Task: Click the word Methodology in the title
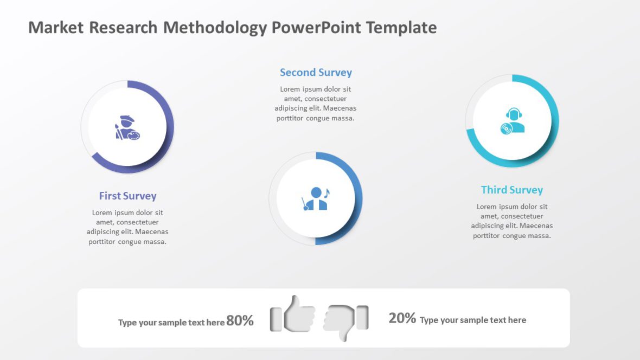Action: tap(215, 28)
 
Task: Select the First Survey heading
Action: tap(127, 196)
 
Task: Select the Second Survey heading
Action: tap(316, 73)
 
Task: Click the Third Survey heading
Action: tap(511, 190)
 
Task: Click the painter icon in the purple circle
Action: tap(127, 128)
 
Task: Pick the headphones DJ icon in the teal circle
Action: tap(512, 121)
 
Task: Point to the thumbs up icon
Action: tap(293, 314)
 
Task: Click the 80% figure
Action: tap(240, 321)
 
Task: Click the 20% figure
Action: tap(402, 318)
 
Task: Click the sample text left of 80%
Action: tap(171, 323)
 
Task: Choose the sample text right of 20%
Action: tap(472, 320)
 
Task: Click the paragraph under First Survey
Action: tap(127, 227)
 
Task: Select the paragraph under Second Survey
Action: tap(316, 104)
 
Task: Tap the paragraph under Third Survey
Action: tap(511, 221)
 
